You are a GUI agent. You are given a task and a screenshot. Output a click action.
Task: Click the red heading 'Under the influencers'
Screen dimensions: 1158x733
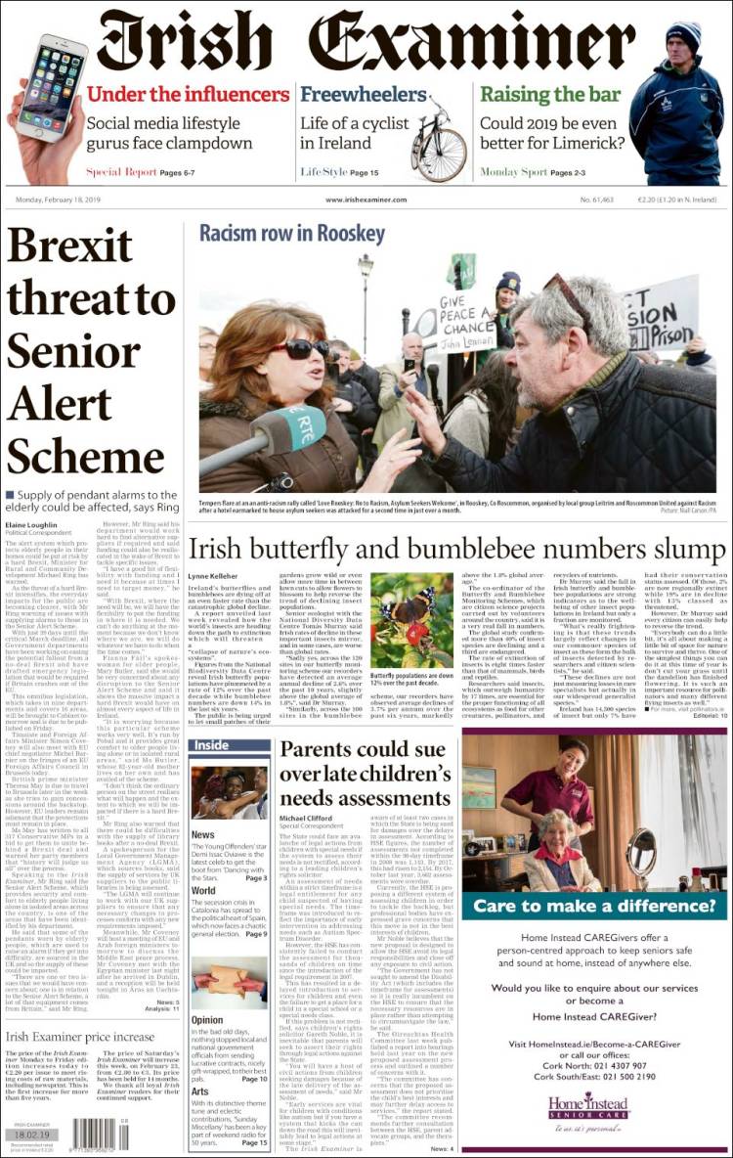(x=188, y=95)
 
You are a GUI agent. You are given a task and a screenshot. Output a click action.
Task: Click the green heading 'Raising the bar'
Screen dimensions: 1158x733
(x=550, y=95)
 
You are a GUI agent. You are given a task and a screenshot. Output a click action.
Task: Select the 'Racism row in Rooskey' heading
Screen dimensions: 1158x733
(x=292, y=234)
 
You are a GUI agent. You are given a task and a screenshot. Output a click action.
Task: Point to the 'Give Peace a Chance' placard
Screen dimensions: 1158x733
(x=467, y=323)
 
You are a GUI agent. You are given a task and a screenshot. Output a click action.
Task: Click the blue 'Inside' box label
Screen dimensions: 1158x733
(x=212, y=745)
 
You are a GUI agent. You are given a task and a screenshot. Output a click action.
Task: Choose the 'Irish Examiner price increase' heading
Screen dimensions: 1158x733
(x=80, y=1037)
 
